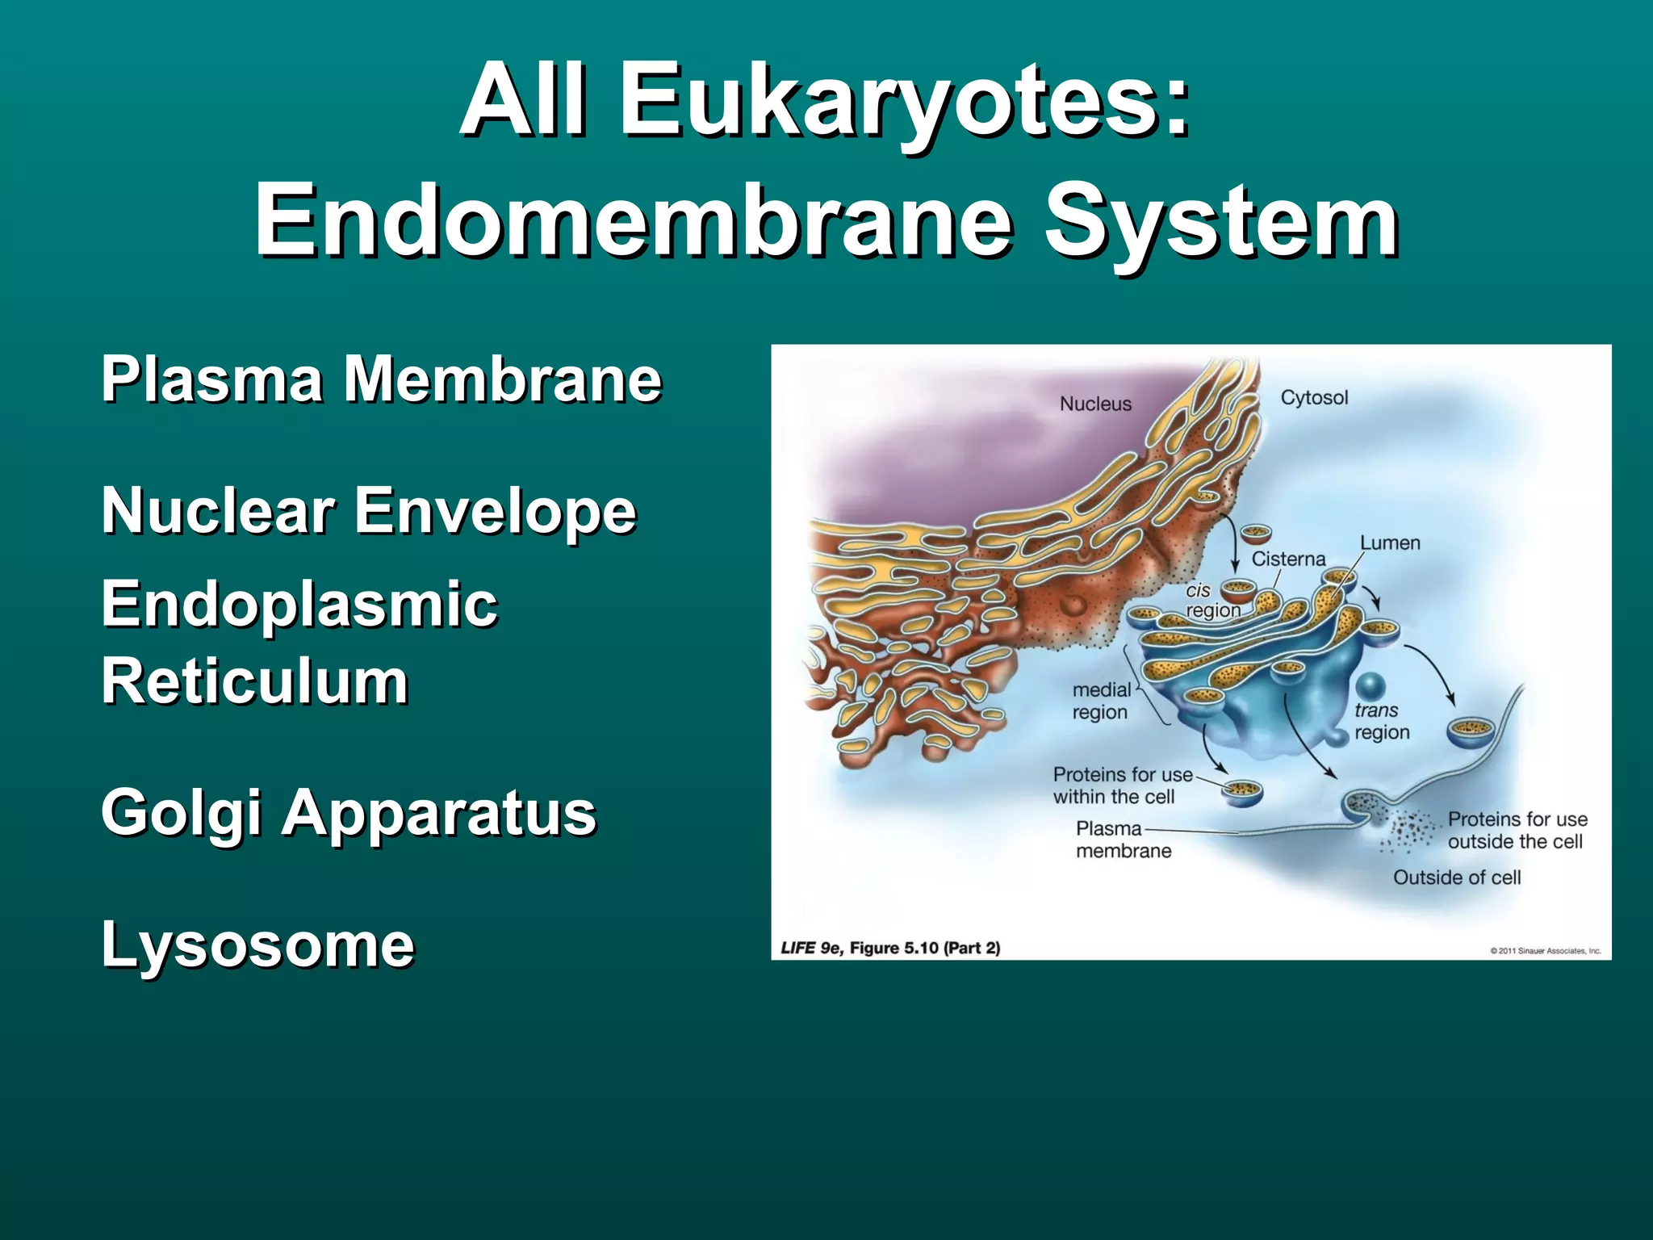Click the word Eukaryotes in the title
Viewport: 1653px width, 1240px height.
(x=904, y=101)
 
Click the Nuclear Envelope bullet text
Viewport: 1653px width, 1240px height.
(x=369, y=510)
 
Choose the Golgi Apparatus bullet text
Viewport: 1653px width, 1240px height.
(x=349, y=812)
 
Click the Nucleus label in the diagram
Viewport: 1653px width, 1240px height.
(x=1095, y=404)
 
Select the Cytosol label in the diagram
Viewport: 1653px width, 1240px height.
(x=1314, y=397)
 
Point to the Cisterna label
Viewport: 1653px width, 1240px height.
(x=1288, y=559)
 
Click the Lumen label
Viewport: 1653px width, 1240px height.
(x=1390, y=542)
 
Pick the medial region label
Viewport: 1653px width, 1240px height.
(x=1101, y=701)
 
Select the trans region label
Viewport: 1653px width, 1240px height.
(x=1382, y=721)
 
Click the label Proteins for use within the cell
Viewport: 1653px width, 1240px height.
(x=1121, y=785)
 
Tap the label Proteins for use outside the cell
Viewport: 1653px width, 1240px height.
(x=1517, y=830)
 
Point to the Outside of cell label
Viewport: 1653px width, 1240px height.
(x=1456, y=878)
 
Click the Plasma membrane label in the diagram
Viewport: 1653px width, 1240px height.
(x=1123, y=840)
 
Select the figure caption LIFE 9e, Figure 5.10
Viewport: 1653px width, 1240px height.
(x=890, y=948)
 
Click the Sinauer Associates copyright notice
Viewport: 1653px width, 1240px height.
(x=1545, y=951)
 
